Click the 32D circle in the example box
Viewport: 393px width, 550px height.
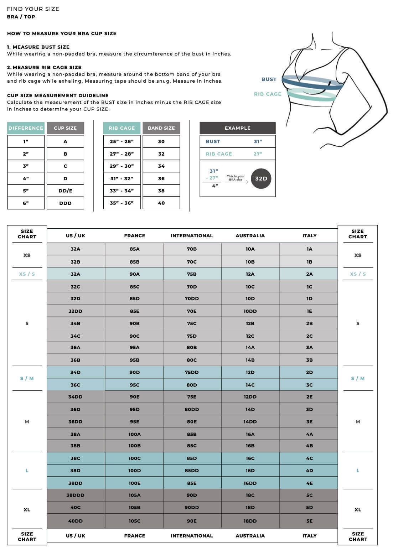[261, 178]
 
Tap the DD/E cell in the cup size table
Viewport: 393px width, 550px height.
[65, 191]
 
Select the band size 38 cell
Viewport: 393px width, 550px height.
[161, 191]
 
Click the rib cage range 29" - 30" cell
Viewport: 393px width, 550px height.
[121, 166]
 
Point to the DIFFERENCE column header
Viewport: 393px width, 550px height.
[26, 128]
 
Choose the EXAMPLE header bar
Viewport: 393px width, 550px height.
[237, 128]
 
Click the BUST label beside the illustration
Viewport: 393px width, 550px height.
[269, 79]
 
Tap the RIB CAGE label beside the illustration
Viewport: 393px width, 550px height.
[268, 94]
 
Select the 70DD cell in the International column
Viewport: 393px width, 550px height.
[192, 299]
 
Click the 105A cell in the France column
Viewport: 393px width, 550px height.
[134, 495]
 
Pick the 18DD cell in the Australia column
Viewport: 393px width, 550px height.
[250, 521]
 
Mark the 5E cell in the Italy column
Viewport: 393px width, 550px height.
[309, 521]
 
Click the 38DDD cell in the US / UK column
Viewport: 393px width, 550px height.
[76, 495]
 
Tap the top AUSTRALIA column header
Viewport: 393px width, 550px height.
[250, 235]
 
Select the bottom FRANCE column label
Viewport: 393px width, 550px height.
[134, 536]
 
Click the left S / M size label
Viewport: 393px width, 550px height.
[27, 378]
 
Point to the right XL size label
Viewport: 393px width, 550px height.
[358, 510]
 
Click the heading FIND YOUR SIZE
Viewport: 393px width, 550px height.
[33, 9]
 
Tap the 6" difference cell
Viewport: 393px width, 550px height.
[26, 203]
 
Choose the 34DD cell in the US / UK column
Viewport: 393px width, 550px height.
[76, 397]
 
